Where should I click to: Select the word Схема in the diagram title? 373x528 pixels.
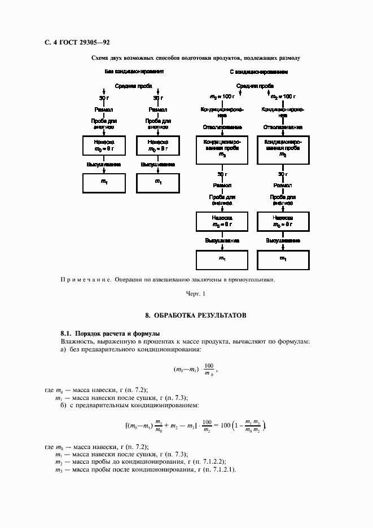[100, 58]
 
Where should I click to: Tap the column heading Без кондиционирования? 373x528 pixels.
[134, 73]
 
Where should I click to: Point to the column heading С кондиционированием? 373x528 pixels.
[259, 73]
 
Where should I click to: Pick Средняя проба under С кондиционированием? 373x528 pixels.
[255, 86]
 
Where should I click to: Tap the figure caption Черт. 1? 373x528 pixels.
[196, 293]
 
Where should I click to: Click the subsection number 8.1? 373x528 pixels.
[67, 333]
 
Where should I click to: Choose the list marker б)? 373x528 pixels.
[64, 405]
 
